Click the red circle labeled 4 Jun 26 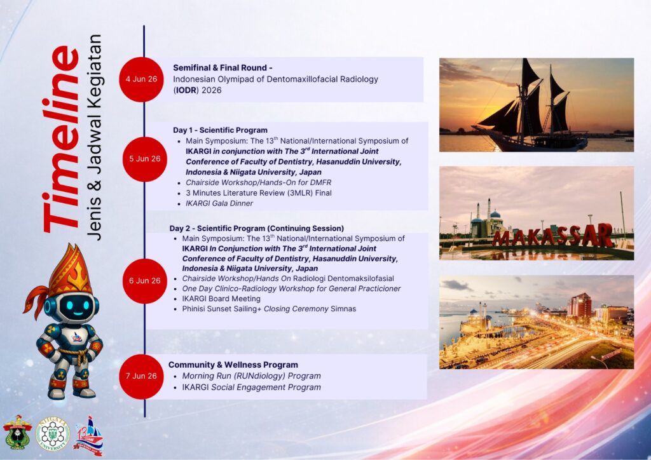point(141,79)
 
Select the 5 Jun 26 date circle point(145,159)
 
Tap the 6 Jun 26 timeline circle point(145,281)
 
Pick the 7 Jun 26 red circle point(141,376)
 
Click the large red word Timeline point(62,139)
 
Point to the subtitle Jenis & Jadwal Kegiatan point(94,137)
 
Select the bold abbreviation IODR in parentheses point(186,90)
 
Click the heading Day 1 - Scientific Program point(220,130)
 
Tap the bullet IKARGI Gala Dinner point(219,203)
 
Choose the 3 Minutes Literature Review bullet point(259,193)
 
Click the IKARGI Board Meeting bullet point(221,299)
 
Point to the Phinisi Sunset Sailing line point(269,309)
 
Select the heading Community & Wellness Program point(233,365)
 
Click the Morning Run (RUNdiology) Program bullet point(252,376)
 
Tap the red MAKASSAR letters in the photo point(553,236)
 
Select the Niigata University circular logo point(53,435)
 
